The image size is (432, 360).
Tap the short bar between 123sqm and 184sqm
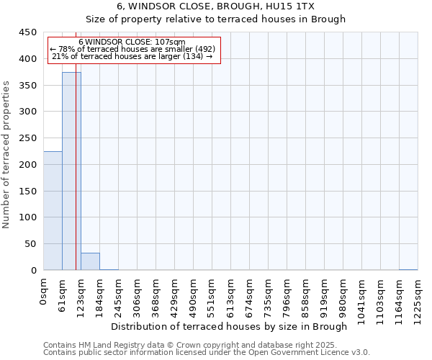click(x=90, y=262)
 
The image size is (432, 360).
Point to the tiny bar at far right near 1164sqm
click(x=408, y=269)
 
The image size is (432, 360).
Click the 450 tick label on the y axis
click(x=28, y=32)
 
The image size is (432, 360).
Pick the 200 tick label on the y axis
click(x=28, y=165)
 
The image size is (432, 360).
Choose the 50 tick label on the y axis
click(x=31, y=244)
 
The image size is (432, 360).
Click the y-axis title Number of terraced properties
click(x=7, y=155)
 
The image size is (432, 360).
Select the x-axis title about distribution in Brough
click(x=230, y=327)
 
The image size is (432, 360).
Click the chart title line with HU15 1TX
click(x=215, y=6)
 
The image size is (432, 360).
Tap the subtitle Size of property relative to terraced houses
click(x=215, y=19)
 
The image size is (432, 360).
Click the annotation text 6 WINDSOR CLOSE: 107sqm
click(x=132, y=42)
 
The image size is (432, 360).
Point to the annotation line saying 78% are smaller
click(x=132, y=49)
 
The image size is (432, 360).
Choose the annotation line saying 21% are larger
click(x=132, y=56)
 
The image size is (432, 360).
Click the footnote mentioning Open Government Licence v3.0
click(x=207, y=353)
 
